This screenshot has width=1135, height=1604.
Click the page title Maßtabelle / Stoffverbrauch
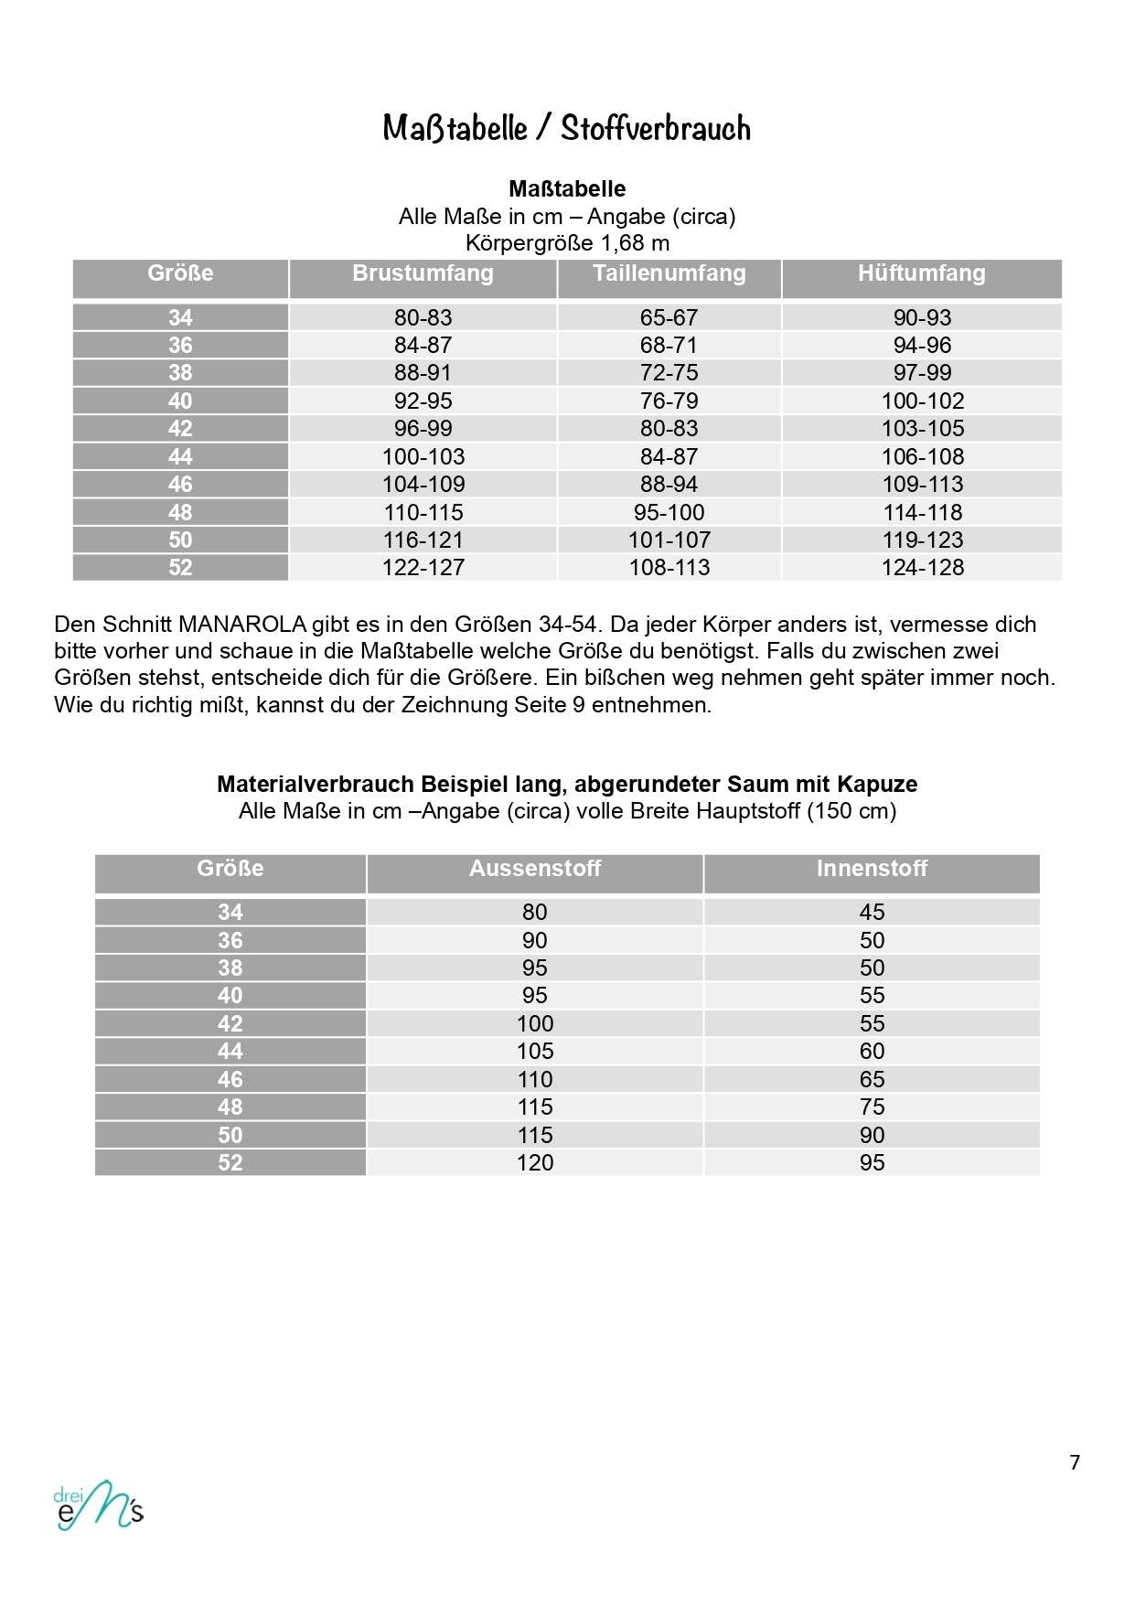(x=566, y=128)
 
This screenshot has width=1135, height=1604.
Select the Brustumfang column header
(x=423, y=273)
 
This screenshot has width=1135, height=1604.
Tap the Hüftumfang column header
(x=921, y=273)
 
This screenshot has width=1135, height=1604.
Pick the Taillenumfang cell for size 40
(x=669, y=401)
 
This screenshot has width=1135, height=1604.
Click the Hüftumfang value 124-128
(x=922, y=567)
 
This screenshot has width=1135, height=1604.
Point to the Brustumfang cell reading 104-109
(x=423, y=484)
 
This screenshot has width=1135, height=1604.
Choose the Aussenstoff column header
(x=535, y=869)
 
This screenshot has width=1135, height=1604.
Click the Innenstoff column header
(x=872, y=869)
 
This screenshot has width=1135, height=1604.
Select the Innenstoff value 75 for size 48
(x=872, y=1107)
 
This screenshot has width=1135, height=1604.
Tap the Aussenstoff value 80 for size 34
(x=535, y=912)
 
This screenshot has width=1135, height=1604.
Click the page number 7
(x=1075, y=1462)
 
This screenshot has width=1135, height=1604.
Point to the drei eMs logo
(x=99, y=1505)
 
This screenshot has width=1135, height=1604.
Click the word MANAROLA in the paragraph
(x=242, y=625)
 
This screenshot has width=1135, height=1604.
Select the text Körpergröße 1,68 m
(x=567, y=243)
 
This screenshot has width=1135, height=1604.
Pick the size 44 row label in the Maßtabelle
(x=180, y=456)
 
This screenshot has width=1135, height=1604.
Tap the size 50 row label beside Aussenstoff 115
(x=230, y=1135)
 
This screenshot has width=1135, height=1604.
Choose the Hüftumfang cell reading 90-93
(x=922, y=317)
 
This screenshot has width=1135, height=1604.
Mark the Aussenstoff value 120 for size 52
(x=535, y=1162)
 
